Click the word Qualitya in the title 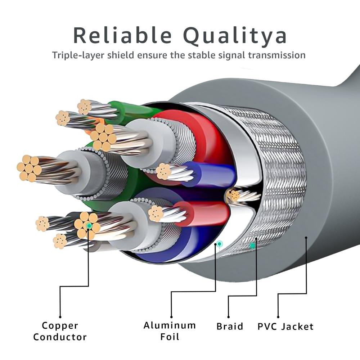click(235, 36)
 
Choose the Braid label click(230, 327)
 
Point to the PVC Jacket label click(285, 327)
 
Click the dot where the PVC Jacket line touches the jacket click(306, 238)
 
